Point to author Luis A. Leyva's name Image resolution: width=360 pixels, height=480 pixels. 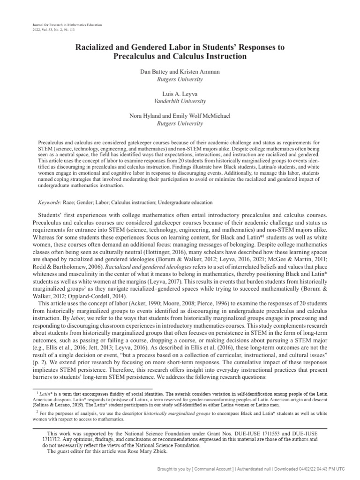pos(180,94)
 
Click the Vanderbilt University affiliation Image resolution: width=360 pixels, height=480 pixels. pos(180,101)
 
